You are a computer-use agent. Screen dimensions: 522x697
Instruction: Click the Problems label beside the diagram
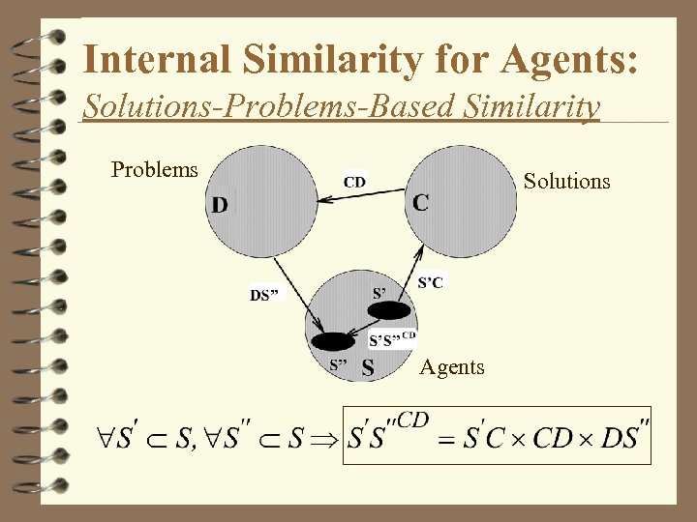155,170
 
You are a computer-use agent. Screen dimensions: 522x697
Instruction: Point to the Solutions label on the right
566,181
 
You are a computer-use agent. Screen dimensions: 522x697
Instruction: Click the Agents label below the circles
452,367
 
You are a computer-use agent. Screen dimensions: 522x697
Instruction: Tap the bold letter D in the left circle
221,205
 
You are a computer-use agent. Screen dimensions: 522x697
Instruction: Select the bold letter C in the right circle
421,203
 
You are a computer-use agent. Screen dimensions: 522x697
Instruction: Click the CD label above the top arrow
354,181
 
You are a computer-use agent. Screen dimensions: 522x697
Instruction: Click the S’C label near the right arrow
432,282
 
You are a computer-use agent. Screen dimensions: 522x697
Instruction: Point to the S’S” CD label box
393,338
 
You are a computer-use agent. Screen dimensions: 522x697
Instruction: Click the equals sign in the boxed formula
446,441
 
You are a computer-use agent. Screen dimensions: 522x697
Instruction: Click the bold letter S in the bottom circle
368,367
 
